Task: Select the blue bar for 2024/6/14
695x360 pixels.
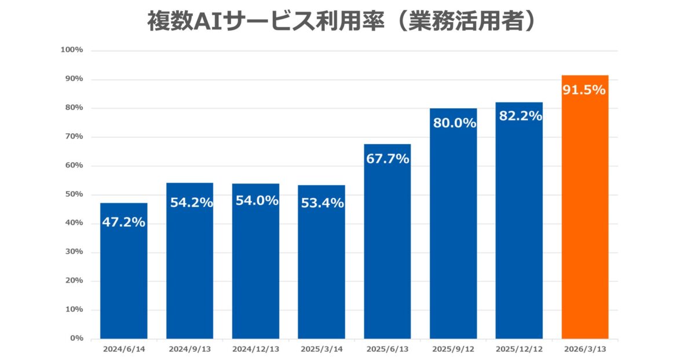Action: click(123, 278)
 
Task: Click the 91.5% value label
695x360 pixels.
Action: click(584, 90)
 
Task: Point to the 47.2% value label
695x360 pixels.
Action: click(123, 222)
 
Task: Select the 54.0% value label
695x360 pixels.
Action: click(257, 201)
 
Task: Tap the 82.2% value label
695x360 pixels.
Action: click(520, 116)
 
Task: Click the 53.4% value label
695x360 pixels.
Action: click(323, 203)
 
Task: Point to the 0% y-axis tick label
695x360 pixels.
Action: click(77, 338)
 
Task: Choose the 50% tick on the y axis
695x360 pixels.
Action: click(74, 194)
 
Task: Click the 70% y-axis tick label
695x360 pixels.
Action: click(74, 137)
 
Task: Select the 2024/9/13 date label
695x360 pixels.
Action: click(189, 350)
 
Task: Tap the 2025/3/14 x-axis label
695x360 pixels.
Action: click(321, 350)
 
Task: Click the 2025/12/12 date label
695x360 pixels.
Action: click(520, 350)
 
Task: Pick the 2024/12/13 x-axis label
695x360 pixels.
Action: click(255, 350)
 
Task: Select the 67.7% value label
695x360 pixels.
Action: click(387, 159)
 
